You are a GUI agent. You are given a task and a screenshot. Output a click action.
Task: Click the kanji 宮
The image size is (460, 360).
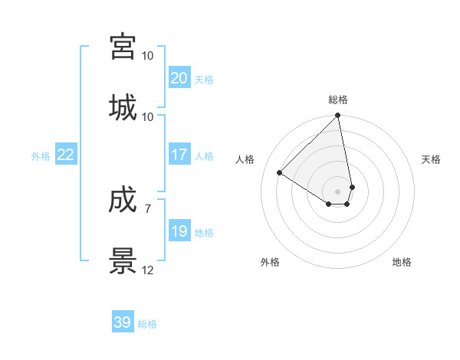coord(123,47)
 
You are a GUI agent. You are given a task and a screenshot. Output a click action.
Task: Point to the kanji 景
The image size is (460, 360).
coord(123,261)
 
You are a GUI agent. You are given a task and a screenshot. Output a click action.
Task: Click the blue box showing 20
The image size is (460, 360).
coord(179,78)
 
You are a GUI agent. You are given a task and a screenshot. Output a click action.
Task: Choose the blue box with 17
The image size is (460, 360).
coord(179,155)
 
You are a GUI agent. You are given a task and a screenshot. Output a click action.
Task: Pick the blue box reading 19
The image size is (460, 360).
coord(179,231)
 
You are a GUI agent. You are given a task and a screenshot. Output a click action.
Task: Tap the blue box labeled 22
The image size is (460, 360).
coord(65,155)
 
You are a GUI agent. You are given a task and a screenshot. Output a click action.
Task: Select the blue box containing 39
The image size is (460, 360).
coord(123,322)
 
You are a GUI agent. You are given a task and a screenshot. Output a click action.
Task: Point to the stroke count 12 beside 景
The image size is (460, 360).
coord(148,270)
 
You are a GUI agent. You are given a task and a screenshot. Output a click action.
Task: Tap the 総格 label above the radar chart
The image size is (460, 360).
coord(338,100)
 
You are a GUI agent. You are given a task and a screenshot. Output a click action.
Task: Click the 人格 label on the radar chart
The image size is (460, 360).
coord(245,159)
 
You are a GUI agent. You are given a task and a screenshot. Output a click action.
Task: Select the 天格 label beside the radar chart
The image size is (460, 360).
coord(431,159)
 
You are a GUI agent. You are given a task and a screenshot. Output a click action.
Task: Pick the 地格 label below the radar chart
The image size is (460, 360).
coord(402,262)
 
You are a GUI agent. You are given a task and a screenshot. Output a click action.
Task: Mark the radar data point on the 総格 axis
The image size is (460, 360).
coord(338,116)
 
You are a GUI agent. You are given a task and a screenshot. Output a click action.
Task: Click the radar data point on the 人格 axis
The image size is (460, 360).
coord(280,173)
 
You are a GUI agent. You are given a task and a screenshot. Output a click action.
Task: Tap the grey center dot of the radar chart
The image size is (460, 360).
coord(338,191)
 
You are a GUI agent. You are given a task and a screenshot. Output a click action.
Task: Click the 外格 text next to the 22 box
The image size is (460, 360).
coord(41,155)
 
